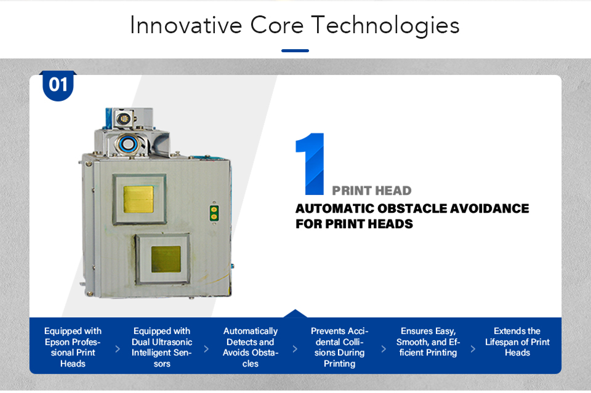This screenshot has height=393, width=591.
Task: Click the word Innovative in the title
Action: tap(185, 25)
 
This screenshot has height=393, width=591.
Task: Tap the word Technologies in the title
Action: tap(385, 26)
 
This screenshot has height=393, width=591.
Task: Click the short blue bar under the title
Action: tap(295, 50)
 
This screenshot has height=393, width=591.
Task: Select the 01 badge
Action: tap(58, 85)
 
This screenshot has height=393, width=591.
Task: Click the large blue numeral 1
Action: tap(310, 164)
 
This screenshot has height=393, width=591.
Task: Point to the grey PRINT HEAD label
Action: tap(372, 191)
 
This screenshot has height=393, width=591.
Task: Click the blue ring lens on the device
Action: tap(128, 143)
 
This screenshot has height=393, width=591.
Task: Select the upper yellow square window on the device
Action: tap(139, 199)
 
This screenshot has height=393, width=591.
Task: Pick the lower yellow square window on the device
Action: tap(166, 259)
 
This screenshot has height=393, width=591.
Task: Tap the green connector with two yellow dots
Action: tap(214, 213)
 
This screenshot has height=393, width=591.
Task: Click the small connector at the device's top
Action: tap(123, 119)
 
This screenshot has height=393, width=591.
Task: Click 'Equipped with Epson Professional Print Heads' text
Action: tap(73, 347)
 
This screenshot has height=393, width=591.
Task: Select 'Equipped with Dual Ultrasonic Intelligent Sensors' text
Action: tap(162, 347)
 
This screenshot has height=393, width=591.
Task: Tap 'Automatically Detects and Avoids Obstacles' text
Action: tap(251, 347)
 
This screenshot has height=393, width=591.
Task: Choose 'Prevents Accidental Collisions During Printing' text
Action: tap(339, 347)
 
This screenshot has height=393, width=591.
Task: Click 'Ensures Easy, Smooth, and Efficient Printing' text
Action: tap(428, 342)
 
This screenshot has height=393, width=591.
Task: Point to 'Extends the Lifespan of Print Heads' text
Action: tap(517, 342)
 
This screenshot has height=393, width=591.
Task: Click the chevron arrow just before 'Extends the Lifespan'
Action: tap(473, 349)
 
